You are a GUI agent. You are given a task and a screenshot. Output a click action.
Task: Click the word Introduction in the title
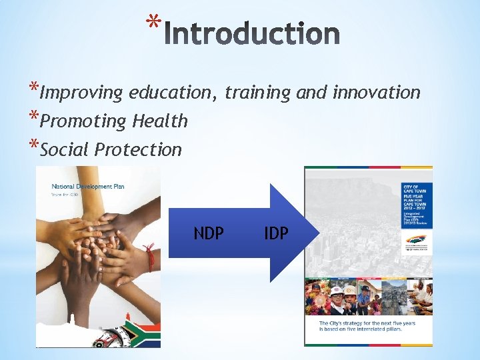click(251, 34)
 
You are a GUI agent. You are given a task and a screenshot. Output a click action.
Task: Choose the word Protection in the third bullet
click(138, 149)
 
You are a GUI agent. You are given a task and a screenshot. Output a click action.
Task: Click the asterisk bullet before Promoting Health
click(33, 118)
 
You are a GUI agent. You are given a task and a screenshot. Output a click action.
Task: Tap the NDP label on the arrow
click(209, 233)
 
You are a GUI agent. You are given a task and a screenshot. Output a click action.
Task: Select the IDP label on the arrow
click(276, 233)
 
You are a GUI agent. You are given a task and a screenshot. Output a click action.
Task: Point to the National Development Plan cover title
click(88, 187)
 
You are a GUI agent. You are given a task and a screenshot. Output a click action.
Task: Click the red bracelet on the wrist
click(150, 256)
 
